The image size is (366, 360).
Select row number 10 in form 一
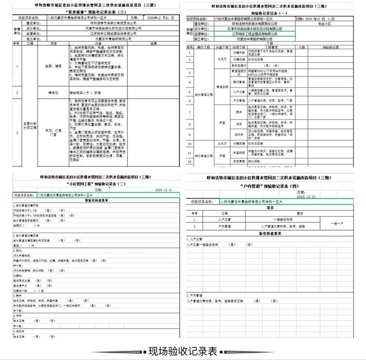[x=191, y=142]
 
